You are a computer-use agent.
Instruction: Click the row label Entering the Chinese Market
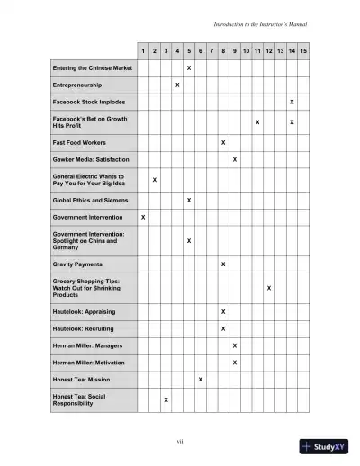(93, 67)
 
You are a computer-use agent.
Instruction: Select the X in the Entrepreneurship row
(177, 85)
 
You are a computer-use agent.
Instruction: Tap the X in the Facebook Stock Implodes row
(292, 102)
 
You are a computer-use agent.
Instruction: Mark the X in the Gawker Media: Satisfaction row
(235, 159)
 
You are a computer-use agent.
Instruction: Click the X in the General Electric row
(155, 180)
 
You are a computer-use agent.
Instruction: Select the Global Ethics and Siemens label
(90, 200)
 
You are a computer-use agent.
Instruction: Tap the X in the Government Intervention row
(143, 217)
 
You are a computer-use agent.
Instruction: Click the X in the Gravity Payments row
(223, 264)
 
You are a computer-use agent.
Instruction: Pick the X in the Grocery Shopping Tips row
(269, 288)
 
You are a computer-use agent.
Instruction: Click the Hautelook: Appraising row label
(86, 311)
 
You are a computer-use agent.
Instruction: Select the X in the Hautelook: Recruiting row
(223, 328)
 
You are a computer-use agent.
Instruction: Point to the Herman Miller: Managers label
(88, 345)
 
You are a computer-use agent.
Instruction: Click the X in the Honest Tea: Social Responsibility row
(166, 399)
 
